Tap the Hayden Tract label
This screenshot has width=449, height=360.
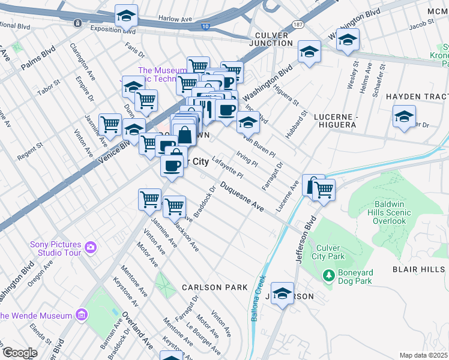pos(417,97)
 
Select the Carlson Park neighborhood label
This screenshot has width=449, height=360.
pos(215,287)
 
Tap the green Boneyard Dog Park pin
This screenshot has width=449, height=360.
pos(328,276)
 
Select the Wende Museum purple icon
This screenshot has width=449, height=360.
pos(82,315)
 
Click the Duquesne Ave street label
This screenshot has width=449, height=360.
pos(241,197)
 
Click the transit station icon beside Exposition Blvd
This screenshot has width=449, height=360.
pos(78,23)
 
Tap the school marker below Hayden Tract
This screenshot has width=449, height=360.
pos(404,116)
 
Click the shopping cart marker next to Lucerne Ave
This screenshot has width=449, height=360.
pos(324,190)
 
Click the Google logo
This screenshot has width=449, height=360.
pos(19,352)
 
